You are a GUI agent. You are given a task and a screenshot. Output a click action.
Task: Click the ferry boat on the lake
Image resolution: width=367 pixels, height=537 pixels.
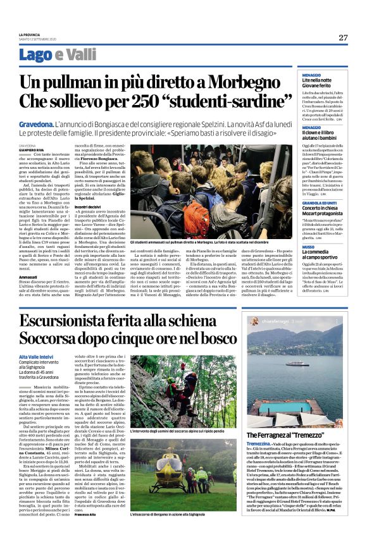pyautogui.click(x=279, y=364)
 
